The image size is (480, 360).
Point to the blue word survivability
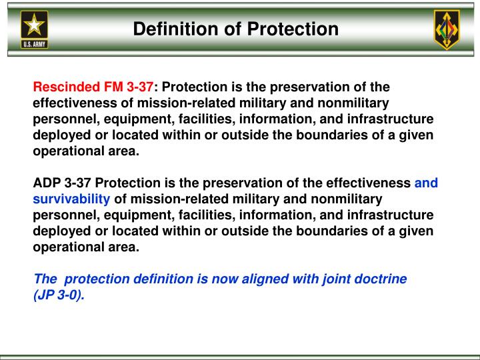click(x=71, y=199)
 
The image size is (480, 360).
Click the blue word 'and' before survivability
click(x=426, y=183)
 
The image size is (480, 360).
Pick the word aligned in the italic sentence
click(x=257, y=279)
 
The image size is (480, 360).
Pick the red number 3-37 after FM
click(x=140, y=87)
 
